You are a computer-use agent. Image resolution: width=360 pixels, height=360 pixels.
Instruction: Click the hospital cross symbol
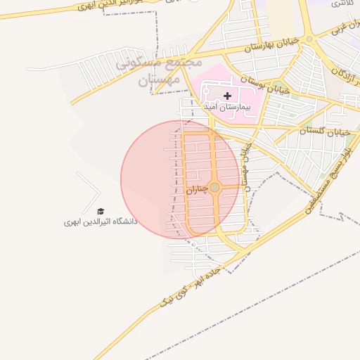pos(227,95)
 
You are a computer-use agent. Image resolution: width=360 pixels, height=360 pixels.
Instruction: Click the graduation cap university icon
pos(100,211)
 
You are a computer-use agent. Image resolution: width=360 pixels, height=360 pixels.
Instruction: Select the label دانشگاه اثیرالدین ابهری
pos(101,221)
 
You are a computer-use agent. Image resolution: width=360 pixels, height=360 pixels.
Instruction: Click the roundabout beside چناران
pos(214,187)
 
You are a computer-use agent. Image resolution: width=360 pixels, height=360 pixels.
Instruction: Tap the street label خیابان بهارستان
pos(272,44)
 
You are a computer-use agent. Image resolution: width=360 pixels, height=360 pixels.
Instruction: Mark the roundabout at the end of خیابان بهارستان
pos(309,39)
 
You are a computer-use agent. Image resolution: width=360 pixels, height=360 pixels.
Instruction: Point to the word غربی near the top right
pos(339,30)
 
